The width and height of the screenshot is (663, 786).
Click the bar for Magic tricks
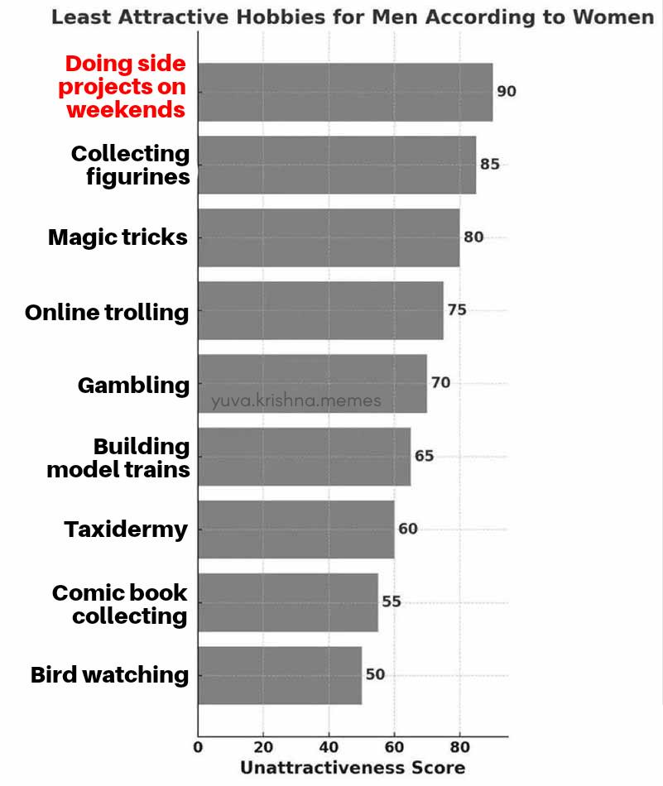point(329,237)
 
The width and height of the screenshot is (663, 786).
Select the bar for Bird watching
point(280,675)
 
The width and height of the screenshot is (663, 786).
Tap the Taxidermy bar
point(296,529)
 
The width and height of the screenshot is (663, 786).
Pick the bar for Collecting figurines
point(337,165)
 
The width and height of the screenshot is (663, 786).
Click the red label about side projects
point(126,87)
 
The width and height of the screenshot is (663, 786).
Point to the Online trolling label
point(107,312)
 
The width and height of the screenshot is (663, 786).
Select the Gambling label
point(133,385)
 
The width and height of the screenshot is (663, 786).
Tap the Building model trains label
point(118,458)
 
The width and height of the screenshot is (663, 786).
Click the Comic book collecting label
point(120,604)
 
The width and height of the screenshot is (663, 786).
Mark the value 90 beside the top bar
point(507,91)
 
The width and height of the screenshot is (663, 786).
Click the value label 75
point(457,310)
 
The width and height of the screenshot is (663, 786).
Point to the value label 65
point(424,456)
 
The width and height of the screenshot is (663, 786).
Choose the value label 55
point(392,601)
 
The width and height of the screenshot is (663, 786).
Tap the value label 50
point(375,674)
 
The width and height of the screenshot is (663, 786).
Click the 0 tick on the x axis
point(198,747)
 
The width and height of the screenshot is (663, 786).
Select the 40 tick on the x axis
point(329,747)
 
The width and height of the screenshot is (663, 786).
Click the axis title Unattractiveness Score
point(353,768)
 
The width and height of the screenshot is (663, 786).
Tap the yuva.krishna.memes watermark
point(296,401)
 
